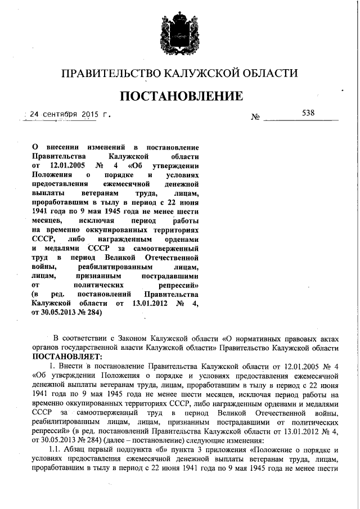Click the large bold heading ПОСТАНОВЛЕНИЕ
coord(179,96)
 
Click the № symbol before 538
coord(255,117)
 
